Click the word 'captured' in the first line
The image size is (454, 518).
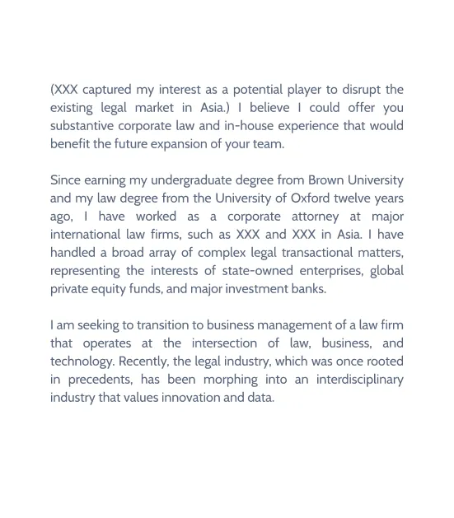pyautogui.click(x=109, y=90)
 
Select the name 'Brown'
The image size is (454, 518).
pyautogui.click(x=328, y=180)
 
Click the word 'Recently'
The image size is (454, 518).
pyautogui.click(x=145, y=362)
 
